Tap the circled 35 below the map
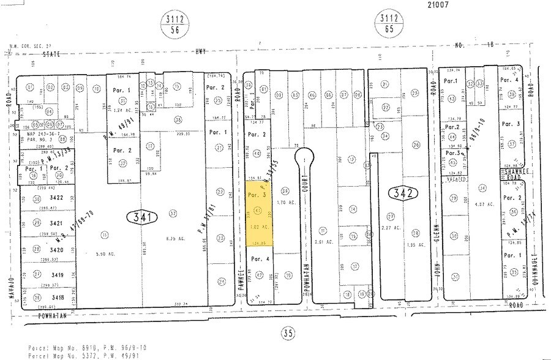(288, 333)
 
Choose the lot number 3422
(58, 198)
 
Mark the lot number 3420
(58, 250)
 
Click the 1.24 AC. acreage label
(124, 110)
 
